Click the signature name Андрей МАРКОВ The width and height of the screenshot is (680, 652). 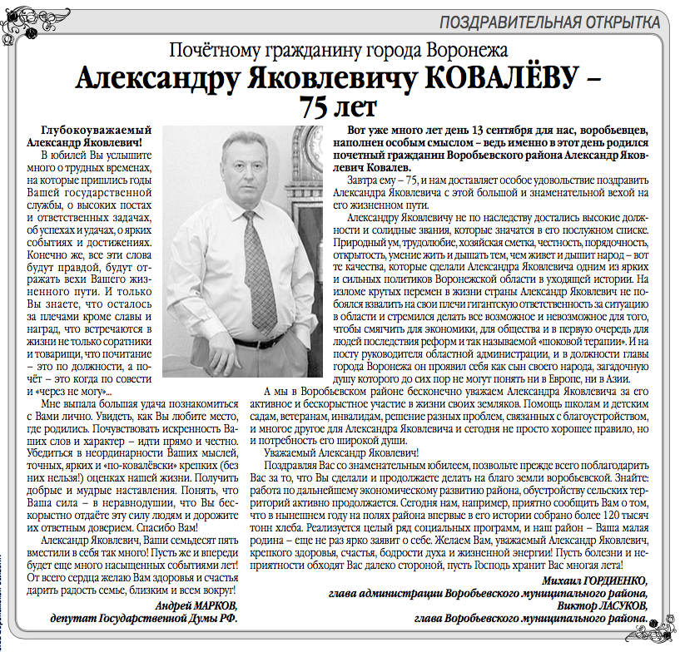196,605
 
